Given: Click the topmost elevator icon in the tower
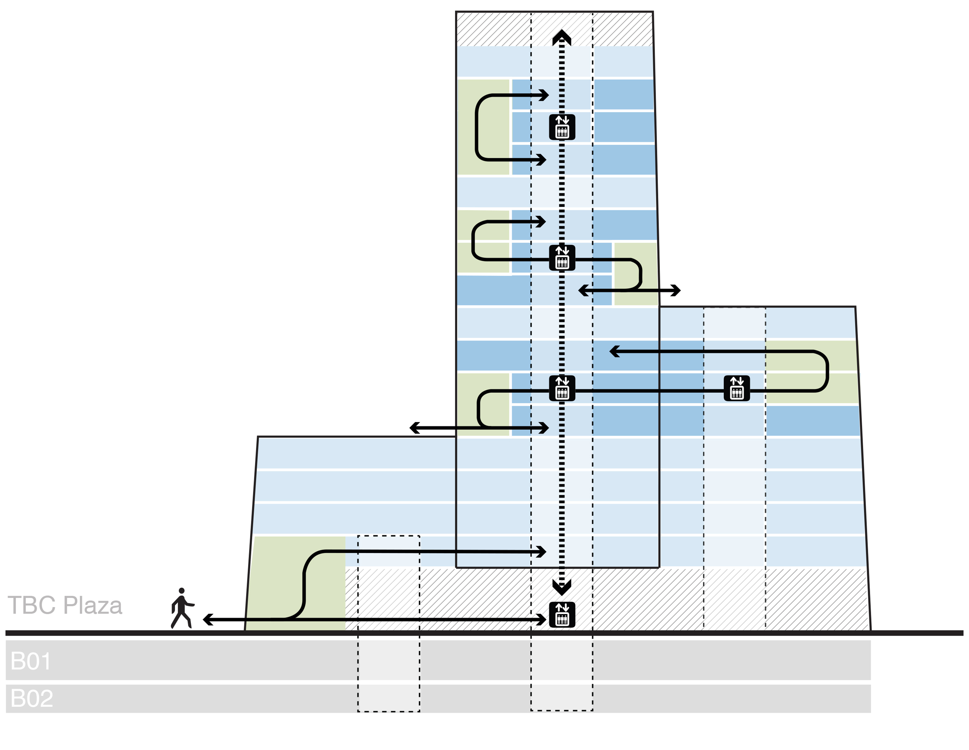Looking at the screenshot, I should tap(562, 127).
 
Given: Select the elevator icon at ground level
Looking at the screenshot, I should tap(562, 615).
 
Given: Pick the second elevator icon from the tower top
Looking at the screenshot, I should tap(562, 258).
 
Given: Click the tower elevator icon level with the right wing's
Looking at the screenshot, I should tap(562, 388).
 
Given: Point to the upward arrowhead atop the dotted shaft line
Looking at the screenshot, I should tap(562, 37).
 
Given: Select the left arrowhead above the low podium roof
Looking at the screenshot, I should tap(414, 428).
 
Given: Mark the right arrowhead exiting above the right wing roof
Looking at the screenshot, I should tap(676, 291).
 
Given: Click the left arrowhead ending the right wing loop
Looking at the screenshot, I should tap(614, 351).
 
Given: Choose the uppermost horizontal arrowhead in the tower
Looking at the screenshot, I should tap(544, 95).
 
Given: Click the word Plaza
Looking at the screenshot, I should tap(93, 606).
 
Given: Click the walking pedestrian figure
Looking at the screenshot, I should tap(182, 609).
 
